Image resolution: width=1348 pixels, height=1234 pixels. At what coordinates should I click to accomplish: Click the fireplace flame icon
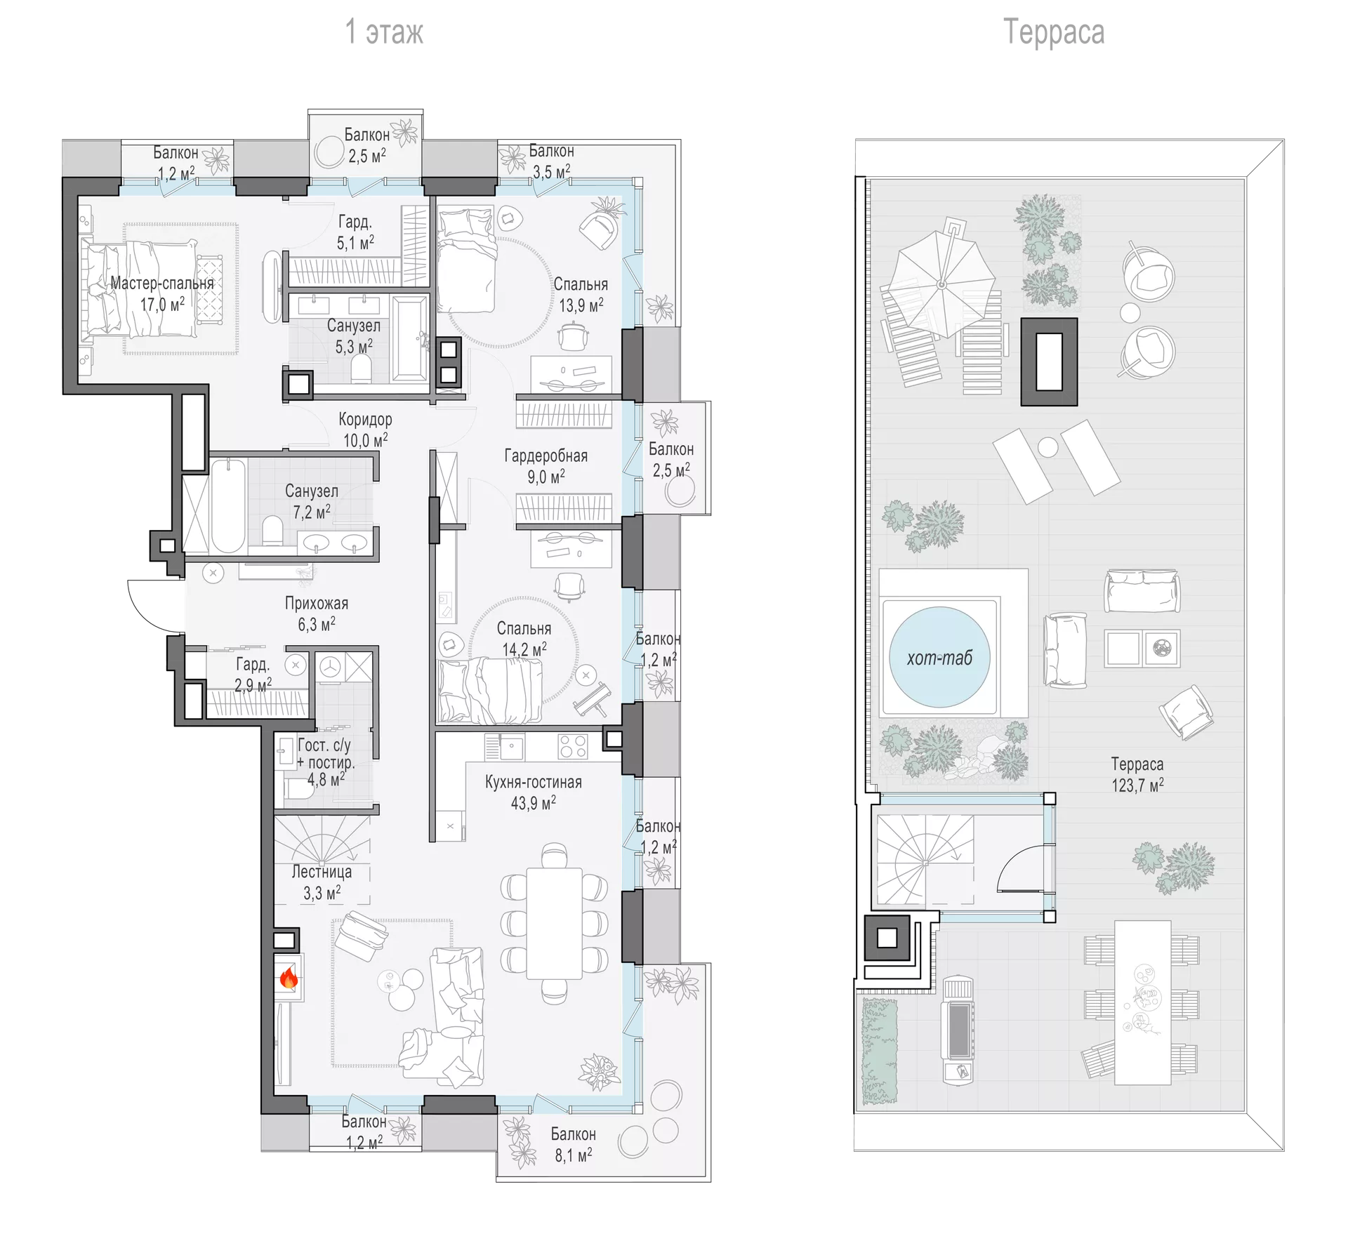tap(289, 977)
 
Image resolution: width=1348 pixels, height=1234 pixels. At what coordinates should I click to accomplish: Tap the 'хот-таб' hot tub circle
tap(939, 657)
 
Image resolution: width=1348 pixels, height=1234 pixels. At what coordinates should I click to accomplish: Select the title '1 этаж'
tap(384, 32)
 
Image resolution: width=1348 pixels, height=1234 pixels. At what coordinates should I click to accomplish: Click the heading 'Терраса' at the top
tap(1053, 32)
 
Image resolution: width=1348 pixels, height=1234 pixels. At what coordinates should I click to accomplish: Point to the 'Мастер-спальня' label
tap(162, 284)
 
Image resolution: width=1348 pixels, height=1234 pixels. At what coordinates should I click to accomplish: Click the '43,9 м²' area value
tap(534, 802)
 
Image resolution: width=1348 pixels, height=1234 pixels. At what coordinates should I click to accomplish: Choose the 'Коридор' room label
tap(365, 420)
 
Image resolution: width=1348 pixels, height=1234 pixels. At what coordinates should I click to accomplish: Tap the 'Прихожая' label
tap(317, 603)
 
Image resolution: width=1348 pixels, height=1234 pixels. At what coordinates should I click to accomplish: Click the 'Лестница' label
tap(322, 872)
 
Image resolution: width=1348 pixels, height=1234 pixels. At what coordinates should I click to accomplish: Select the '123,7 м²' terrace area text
tap(1137, 785)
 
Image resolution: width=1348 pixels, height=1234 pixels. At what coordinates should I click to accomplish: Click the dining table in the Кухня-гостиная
tap(555, 923)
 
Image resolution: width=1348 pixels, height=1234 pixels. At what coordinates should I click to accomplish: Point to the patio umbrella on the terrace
tap(941, 284)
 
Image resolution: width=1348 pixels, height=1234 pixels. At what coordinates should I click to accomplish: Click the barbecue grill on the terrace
tap(958, 1030)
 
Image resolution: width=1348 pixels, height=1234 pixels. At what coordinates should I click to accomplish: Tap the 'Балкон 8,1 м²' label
tap(574, 1144)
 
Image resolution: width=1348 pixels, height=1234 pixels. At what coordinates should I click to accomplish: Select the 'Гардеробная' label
tap(546, 456)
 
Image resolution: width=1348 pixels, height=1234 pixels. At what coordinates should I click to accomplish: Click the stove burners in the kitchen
tap(572, 746)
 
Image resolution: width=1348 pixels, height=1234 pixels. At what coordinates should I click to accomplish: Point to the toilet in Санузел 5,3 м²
tap(360, 369)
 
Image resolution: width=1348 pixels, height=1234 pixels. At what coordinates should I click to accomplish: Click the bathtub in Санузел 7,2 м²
tap(229, 505)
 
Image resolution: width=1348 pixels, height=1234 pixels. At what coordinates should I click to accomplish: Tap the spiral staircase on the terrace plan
tap(925, 861)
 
